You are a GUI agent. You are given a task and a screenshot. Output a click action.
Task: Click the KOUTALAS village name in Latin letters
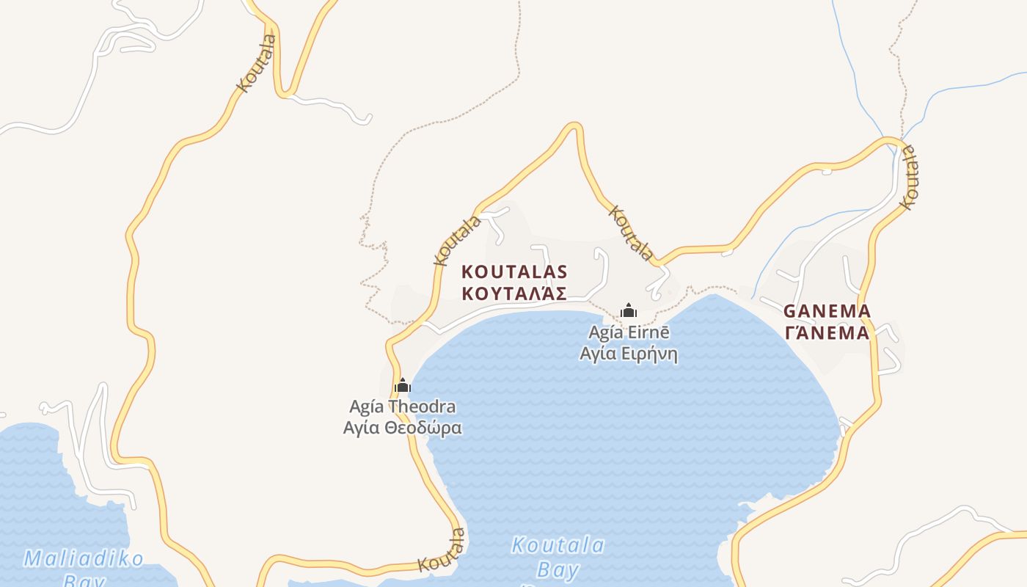[x=514, y=271]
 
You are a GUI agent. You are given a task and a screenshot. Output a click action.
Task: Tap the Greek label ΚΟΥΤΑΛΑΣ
[x=514, y=294]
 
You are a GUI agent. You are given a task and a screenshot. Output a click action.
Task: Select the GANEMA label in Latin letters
[x=827, y=311]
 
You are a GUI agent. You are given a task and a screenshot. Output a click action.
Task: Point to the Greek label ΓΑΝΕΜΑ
[x=827, y=333]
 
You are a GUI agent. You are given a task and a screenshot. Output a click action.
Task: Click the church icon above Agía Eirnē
[x=628, y=310]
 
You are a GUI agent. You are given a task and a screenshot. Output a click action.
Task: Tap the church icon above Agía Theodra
[x=402, y=385]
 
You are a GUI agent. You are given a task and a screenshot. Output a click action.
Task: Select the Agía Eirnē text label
[x=629, y=332]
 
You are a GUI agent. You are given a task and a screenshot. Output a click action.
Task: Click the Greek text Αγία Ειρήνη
[x=629, y=354]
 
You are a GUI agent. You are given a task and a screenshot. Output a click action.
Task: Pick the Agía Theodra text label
[x=402, y=406]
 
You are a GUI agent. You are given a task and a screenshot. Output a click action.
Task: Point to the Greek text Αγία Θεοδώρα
[x=402, y=428]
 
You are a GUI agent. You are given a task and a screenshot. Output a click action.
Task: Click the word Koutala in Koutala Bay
[x=558, y=545]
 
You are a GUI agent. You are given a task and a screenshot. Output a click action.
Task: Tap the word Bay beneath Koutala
[x=558, y=570]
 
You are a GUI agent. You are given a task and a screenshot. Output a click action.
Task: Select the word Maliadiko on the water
[x=84, y=559]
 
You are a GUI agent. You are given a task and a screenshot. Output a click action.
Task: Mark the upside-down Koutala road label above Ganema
[x=910, y=177]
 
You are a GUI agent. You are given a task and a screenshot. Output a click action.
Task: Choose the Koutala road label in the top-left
[x=257, y=63]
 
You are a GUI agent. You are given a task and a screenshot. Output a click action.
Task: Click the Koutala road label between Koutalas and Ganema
[x=631, y=233]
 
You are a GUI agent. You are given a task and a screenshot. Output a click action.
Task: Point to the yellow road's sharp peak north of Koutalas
[x=574, y=127]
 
